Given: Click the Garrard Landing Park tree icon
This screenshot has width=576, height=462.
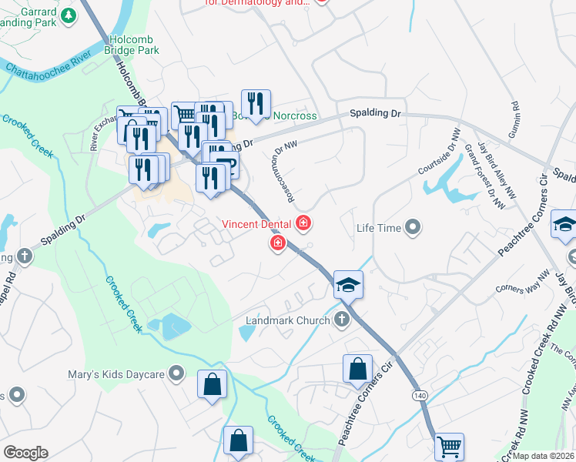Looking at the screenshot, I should pyautogui.click(x=69, y=15).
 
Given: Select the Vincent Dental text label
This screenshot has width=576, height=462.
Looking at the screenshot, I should pyautogui.click(x=256, y=224).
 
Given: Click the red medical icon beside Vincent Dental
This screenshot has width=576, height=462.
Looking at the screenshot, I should pyautogui.click(x=303, y=224).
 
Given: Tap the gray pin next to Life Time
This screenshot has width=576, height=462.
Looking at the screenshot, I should pyautogui.click(x=414, y=227).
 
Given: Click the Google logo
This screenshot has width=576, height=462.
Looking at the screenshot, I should pyautogui.click(x=25, y=453).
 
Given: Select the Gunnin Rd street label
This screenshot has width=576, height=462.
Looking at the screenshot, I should pyautogui.click(x=513, y=120).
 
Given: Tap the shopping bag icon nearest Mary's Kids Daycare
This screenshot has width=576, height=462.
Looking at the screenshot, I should pyautogui.click(x=213, y=383).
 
